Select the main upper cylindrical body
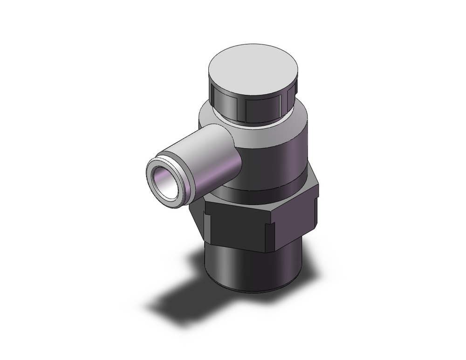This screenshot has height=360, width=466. pos(275,154)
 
